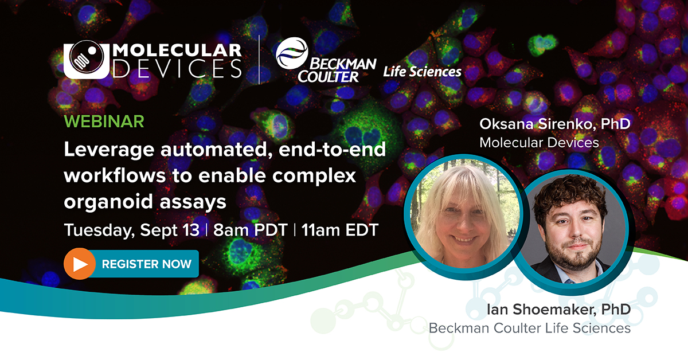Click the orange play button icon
[x=80, y=264]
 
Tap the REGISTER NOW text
[x=146, y=264]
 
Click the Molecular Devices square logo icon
[x=85, y=60]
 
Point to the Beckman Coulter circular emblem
[x=292, y=52]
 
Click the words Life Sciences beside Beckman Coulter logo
[x=423, y=71]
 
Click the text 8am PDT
[x=249, y=230]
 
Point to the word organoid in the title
[x=105, y=202]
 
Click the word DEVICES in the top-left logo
[x=178, y=70]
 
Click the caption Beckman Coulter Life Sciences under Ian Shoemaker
[x=529, y=328]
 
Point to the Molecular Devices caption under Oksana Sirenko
[x=538, y=142]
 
